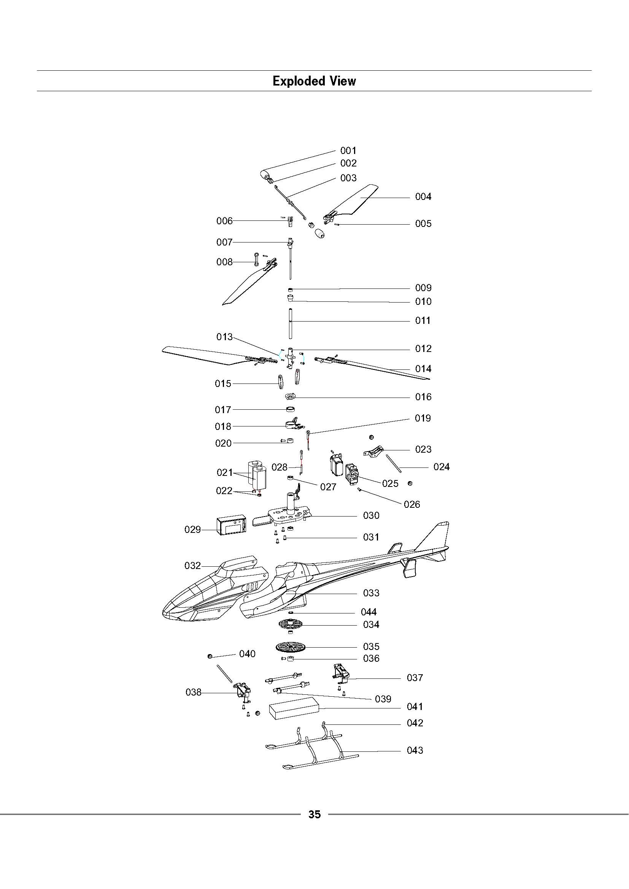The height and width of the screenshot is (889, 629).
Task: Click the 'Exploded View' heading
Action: click(x=314, y=81)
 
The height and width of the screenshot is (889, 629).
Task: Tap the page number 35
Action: click(x=314, y=814)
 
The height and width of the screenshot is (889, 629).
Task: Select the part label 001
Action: click(x=348, y=150)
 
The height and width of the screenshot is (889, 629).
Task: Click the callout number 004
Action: click(x=423, y=197)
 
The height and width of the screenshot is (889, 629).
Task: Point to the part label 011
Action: click(x=423, y=321)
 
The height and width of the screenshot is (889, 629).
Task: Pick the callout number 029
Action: click(x=192, y=529)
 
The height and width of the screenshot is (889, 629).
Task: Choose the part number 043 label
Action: click(x=415, y=750)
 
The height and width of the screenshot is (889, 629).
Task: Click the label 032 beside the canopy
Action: click(x=192, y=566)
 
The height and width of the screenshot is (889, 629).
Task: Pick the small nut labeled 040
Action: click(x=210, y=656)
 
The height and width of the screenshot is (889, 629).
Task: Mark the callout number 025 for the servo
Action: click(x=390, y=483)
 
